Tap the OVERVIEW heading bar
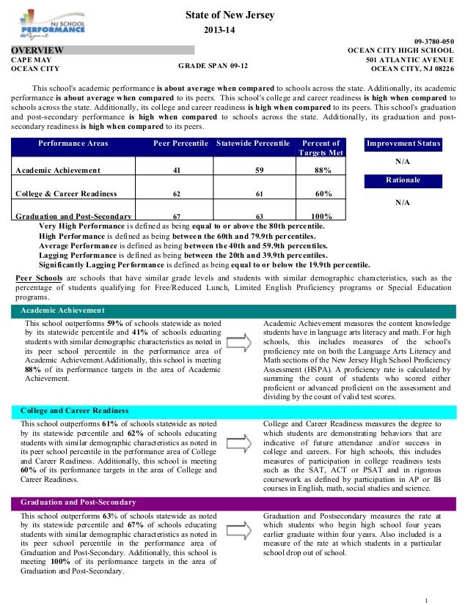coord(102,50)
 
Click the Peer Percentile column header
coord(180,144)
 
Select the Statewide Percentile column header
coord(254,144)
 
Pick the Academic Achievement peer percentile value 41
coord(176,171)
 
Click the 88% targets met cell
coord(321,171)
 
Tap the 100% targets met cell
coord(321,217)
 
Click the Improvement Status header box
coord(403,144)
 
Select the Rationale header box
coord(403,180)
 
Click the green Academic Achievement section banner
coord(234,311)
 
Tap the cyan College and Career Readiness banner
coord(234,411)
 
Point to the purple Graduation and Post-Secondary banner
coord(234,502)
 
